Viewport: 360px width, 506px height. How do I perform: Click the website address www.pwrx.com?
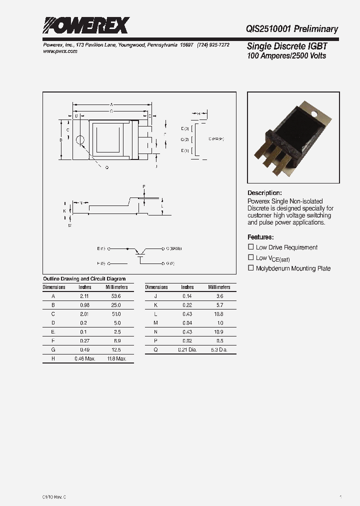pyautogui.click(x=57, y=51)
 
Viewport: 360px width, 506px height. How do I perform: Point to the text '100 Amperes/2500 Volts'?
pyautogui.click(x=286, y=55)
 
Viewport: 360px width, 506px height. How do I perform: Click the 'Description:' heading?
pyautogui.click(x=264, y=193)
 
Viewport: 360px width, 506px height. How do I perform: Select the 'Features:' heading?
pyautogui.click(x=260, y=237)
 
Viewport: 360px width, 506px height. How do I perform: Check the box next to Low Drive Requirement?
pyautogui.click(x=251, y=247)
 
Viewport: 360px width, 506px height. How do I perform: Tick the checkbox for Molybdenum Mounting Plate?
pyautogui.click(x=251, y=268)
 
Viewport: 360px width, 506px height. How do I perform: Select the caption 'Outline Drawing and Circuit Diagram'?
pyautogui.click(x=84, y=279)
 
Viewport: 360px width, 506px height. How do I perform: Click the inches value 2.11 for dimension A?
pyautogui.click(x=84, y=296)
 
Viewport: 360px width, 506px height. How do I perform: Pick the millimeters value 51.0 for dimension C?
pyautogui.click(x=116, y=314)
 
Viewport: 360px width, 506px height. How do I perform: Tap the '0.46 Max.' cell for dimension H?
pyautogui.click(x=84, y=359)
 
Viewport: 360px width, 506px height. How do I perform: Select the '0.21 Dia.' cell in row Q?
pyautogui.click(x=187, y=350)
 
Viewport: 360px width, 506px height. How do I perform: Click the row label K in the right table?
pyautogui.click(x=156, y=305)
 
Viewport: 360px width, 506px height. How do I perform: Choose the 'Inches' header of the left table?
pyautogui.click(x=84, y=287)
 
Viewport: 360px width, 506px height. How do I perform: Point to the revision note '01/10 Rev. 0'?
pyautogui.click(x=54, y=497)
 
